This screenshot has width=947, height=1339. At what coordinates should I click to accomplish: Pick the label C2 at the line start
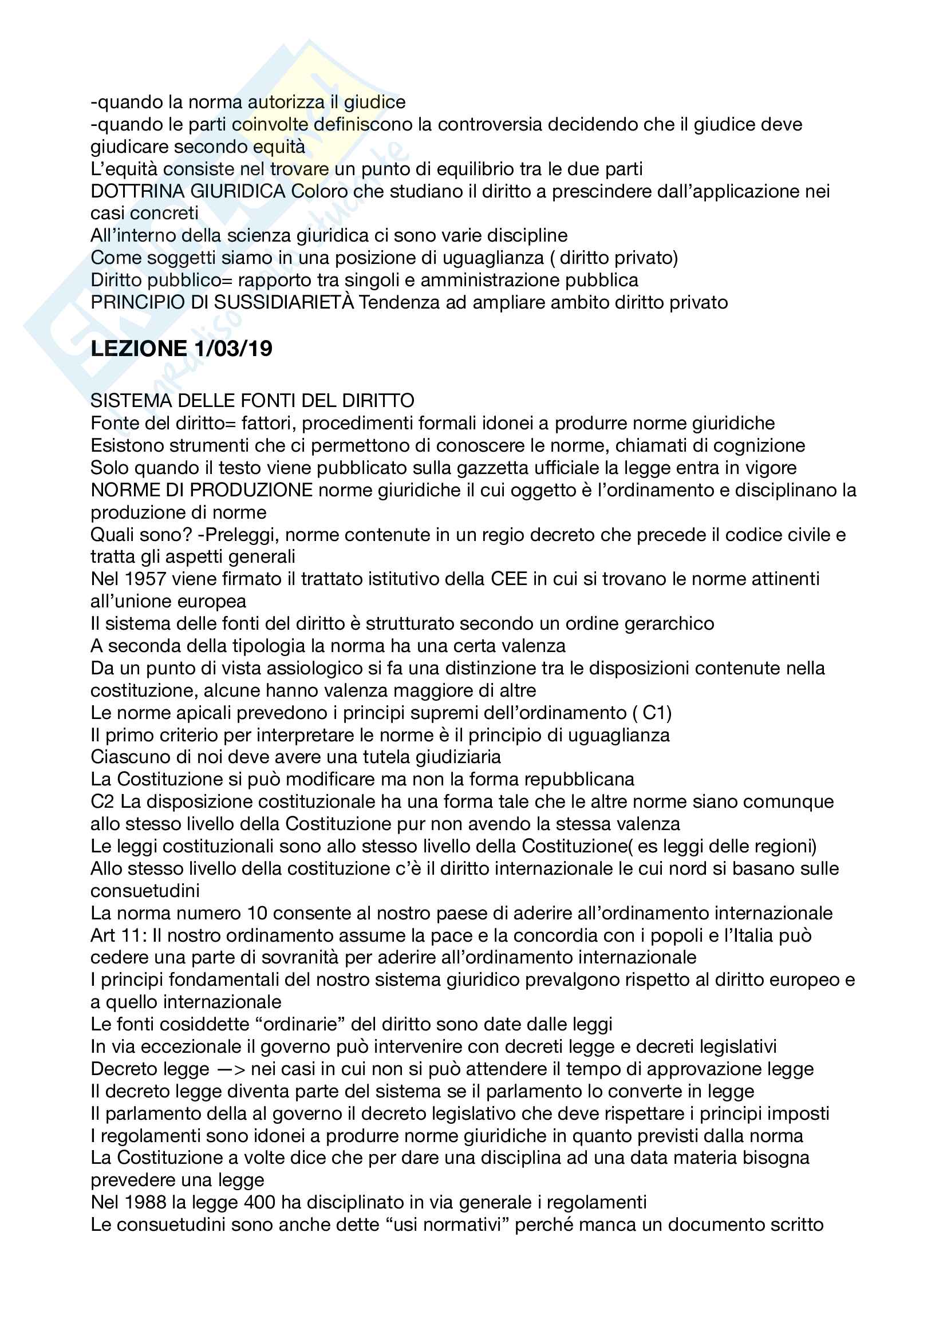[x=102, y=802]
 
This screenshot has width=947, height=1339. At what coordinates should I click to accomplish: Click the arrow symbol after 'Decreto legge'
[x=233, y=1069]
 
